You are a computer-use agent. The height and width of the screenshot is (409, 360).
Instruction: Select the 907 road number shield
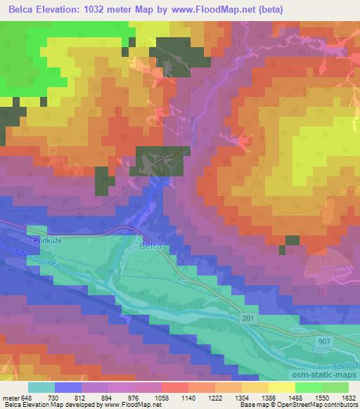[x=323, y=340]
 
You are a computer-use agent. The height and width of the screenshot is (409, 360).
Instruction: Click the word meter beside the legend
[x=9, y=398]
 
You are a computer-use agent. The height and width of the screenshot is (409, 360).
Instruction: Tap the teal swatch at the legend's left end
[x=41, y=387]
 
